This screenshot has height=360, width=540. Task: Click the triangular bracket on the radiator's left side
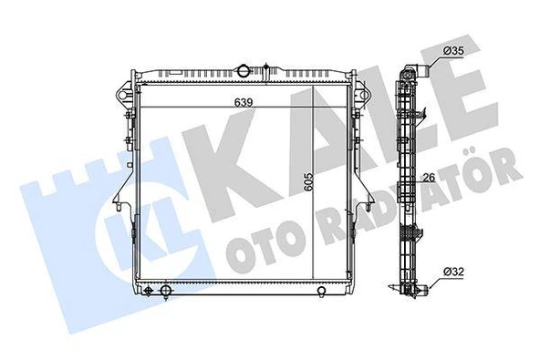click(x=120, y=193)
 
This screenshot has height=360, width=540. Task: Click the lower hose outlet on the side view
click(x=412, y=291)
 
